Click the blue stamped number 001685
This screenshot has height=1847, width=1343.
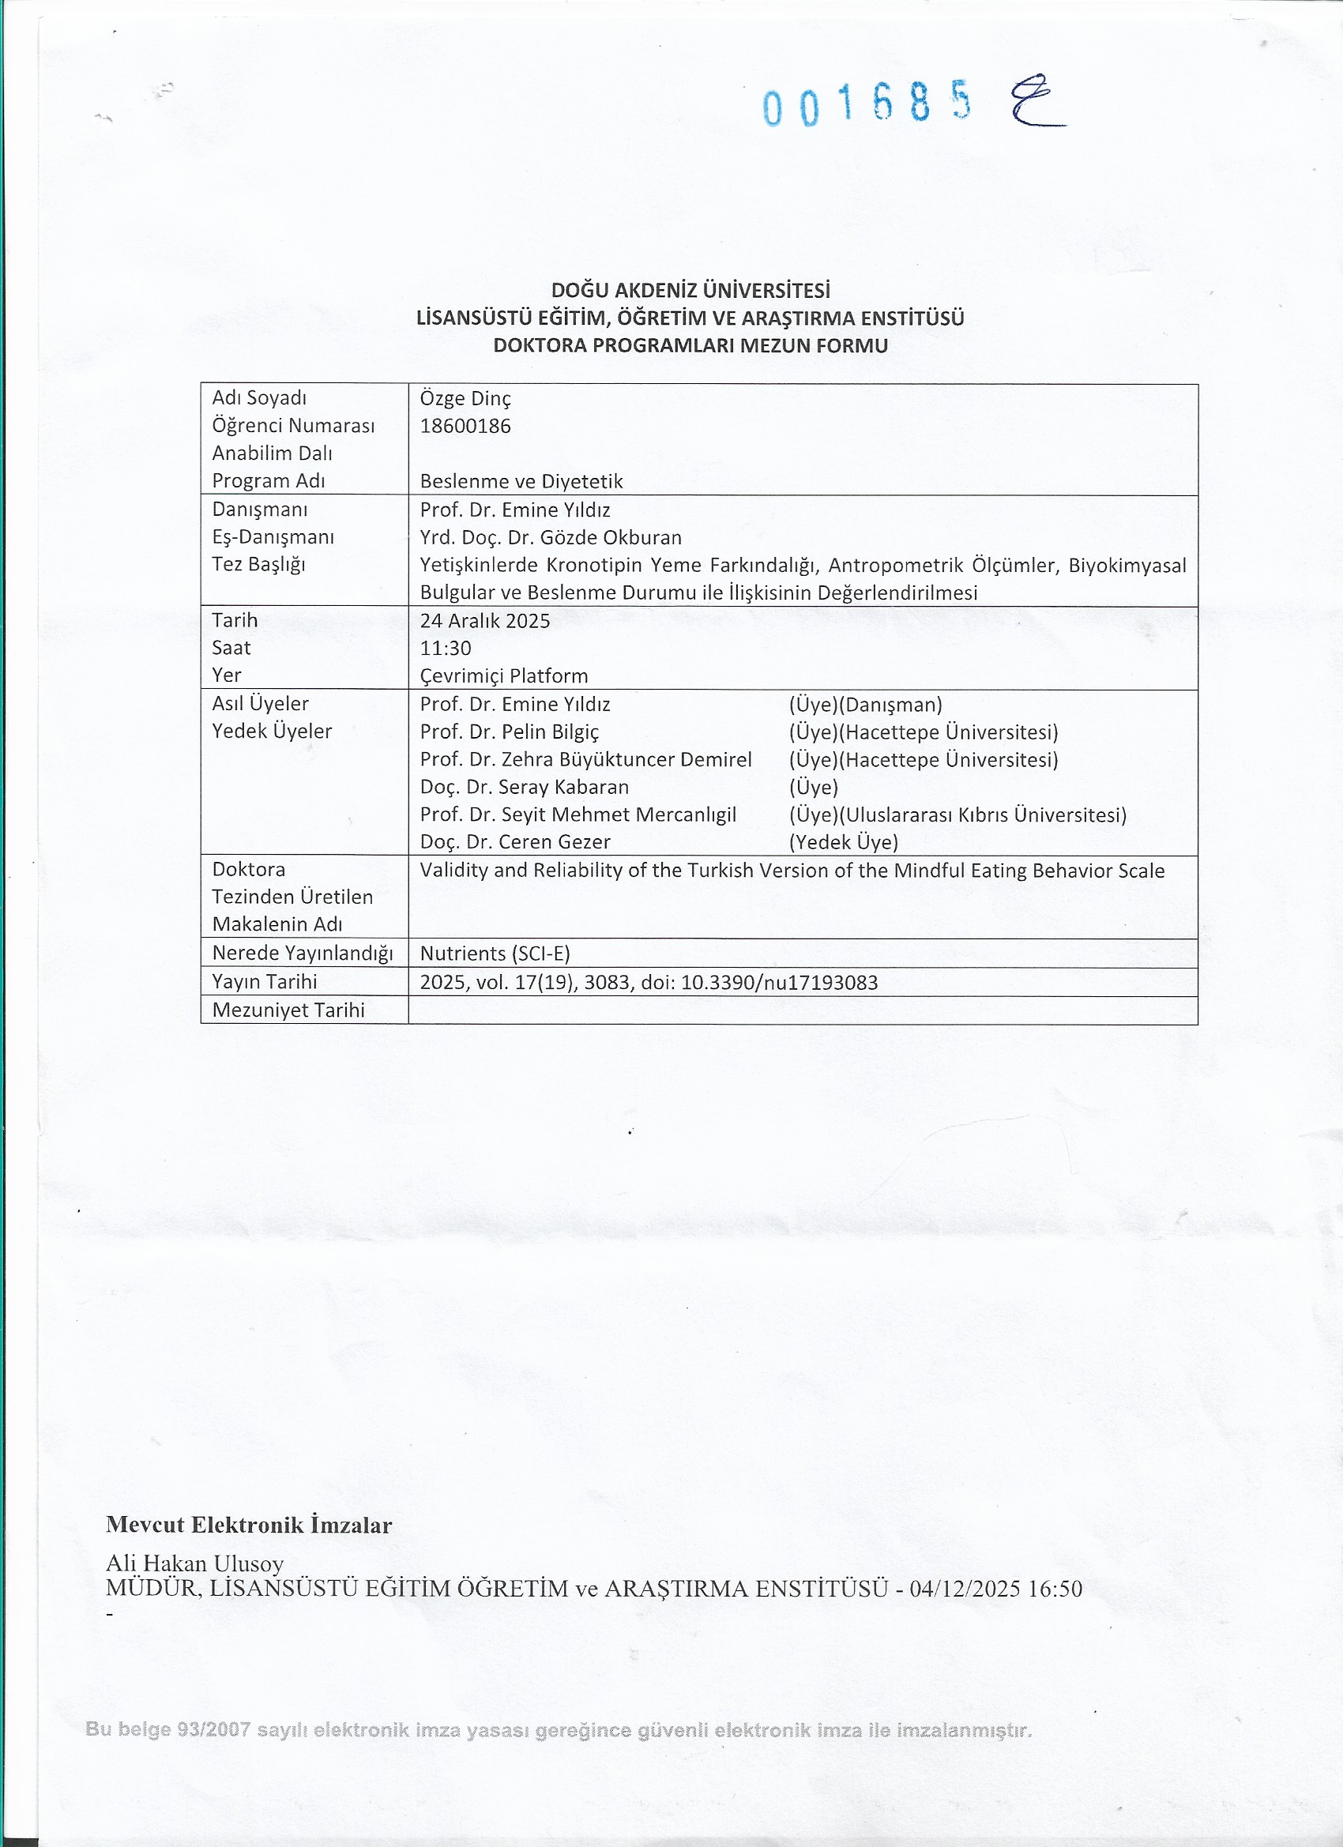click(867, 104)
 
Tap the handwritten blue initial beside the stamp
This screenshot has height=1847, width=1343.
click(1036, 103)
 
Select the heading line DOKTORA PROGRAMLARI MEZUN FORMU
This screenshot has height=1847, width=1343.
click(690, 345)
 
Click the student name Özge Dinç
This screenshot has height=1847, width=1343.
click(465, 398)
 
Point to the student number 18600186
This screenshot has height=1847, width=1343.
click(465, 426)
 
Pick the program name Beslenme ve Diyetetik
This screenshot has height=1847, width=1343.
click(521, 481)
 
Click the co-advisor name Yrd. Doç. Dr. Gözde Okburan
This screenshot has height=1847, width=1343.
click(551, 537)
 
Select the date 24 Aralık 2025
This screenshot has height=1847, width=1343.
click(484, 621)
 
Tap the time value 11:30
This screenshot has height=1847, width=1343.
click(446, 649)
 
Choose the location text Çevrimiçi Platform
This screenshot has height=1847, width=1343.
click(503, 676)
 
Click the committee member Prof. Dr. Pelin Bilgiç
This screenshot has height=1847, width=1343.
click(509, 732)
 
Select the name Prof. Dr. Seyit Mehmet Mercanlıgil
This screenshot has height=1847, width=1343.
click(577, 814)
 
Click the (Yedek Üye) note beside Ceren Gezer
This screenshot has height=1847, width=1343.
click(843, 842)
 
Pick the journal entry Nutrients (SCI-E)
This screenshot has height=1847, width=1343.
click(495, 954)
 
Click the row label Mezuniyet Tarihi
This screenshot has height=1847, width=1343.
click(288, 1010)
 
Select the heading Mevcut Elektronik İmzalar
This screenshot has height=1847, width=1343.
click(248, 1525)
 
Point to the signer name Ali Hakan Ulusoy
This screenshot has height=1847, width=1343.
click(194, 1563)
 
